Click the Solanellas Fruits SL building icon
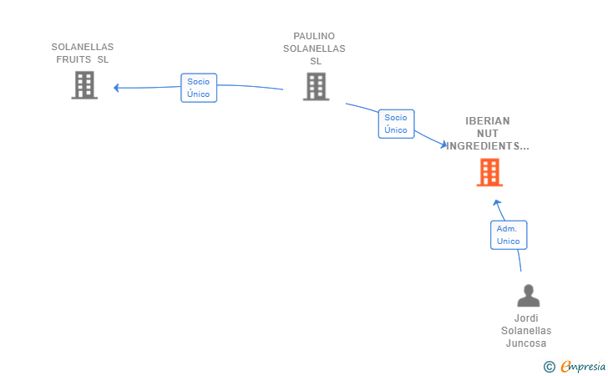[x=84, y=85]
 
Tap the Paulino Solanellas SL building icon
[x=316, y=87]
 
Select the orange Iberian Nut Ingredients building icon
[x=489, y=172]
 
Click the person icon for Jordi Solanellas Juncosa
[x=528, y=296]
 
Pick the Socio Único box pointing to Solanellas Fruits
[x=199, y=88]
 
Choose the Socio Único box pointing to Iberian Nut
[x=396, y=124]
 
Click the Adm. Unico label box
[x=509, y=235]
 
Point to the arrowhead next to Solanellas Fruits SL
[x=116, y=88]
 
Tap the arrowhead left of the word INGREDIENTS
[x=443, y=145]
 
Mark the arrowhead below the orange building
[x=497, y=202]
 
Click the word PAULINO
[x=314, y=36]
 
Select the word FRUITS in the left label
[x=73, y=59]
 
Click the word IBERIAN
[x=488, y=120]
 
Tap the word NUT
[x=488, y=134]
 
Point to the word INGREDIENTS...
[x=488, y=146]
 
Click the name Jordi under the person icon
[x=526, y=318]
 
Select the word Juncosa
[x=526, y=343]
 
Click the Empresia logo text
[x=583, y=366]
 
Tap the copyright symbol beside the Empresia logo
[x=549, y=367]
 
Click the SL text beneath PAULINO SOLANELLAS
[x=316, y=61]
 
